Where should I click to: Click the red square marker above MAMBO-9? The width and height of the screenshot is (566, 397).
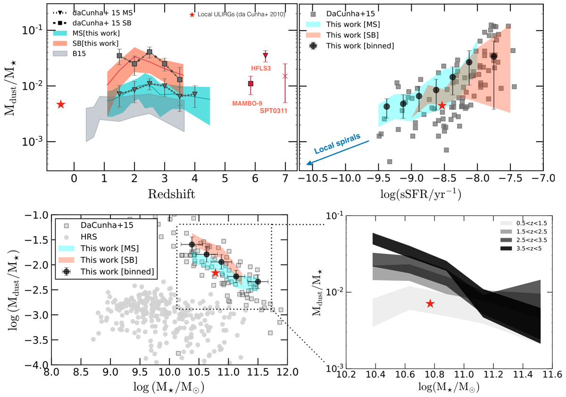tap(251, 84)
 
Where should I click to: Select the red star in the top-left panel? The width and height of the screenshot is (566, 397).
tap(60, 104)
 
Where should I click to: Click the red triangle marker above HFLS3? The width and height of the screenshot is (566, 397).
tap(266, 55)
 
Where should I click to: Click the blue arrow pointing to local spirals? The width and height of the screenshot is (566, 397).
tap(337, 152)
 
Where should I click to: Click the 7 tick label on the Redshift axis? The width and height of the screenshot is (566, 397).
tap(284, 180)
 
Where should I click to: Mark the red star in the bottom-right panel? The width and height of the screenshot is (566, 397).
tap(430, 304)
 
